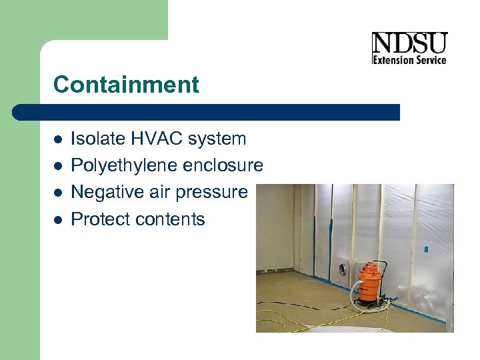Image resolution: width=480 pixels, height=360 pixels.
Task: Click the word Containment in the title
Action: click(126, 85)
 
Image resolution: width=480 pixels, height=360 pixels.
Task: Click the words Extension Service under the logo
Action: click(409, 60)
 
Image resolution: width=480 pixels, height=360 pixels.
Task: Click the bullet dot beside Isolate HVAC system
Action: click(59, 139)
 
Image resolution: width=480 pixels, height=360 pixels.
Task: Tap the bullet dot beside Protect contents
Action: click(59, 219)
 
